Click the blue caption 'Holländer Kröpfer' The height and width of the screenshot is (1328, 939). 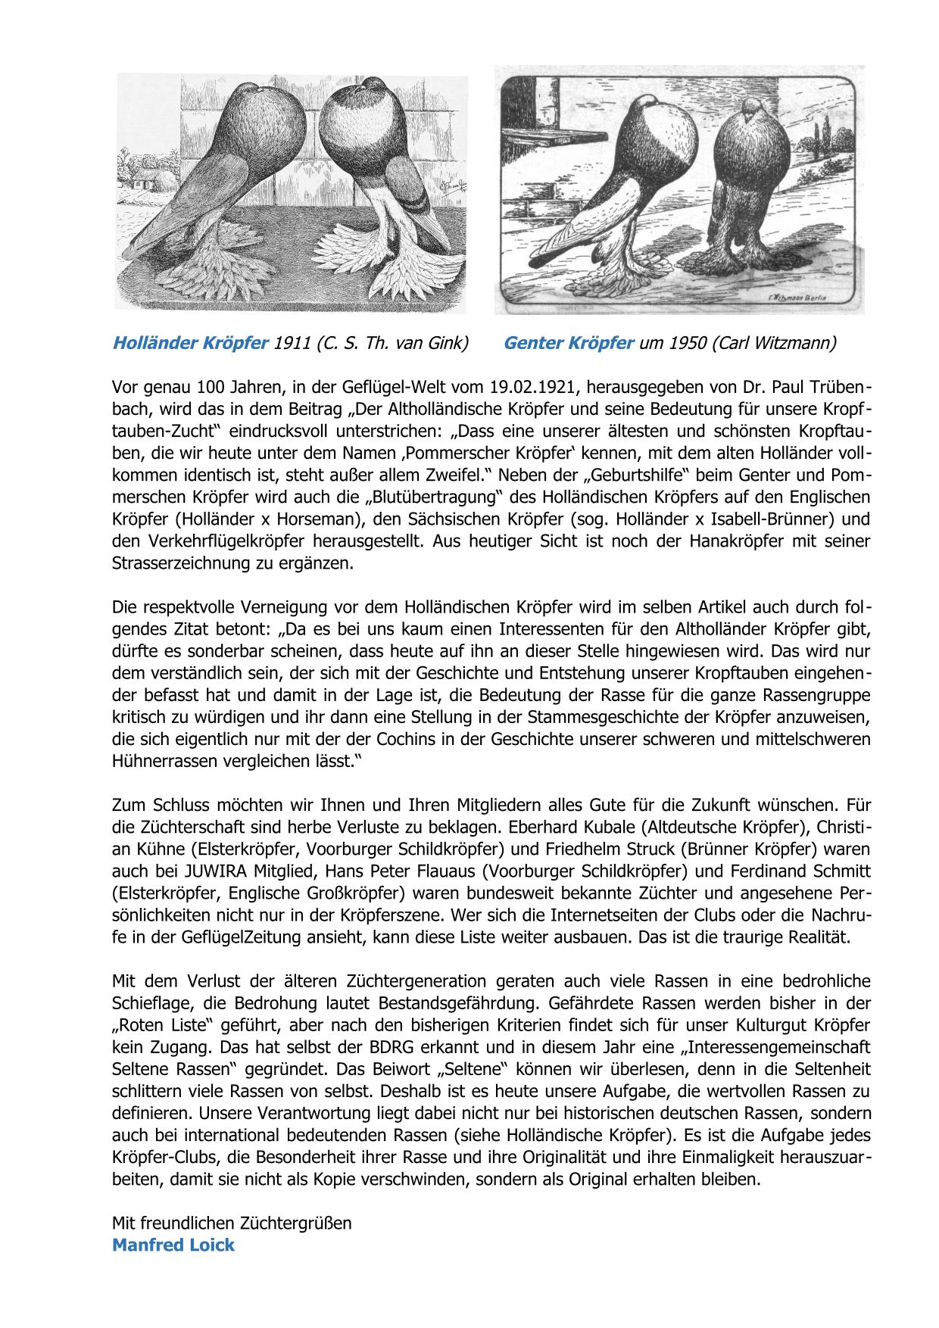point(189,343)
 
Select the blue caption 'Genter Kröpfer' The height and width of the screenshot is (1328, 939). point(568,343)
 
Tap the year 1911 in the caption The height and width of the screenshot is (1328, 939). point(292,343)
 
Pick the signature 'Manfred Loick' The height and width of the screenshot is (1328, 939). point(173,1245)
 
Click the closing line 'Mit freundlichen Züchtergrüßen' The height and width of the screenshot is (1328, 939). point(232,1223)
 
